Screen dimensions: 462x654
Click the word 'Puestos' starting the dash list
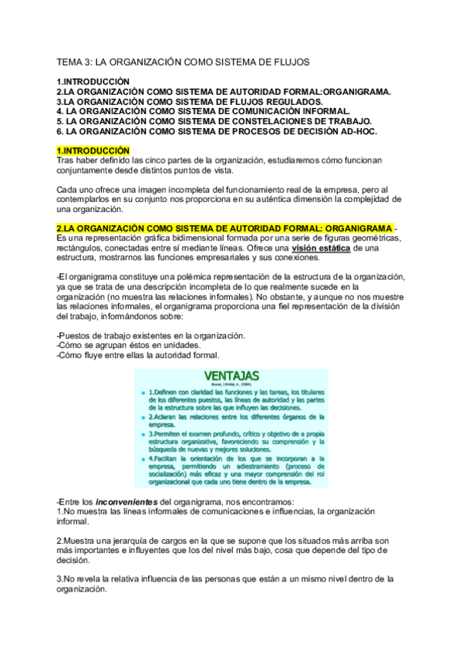[x=77, y=336]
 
